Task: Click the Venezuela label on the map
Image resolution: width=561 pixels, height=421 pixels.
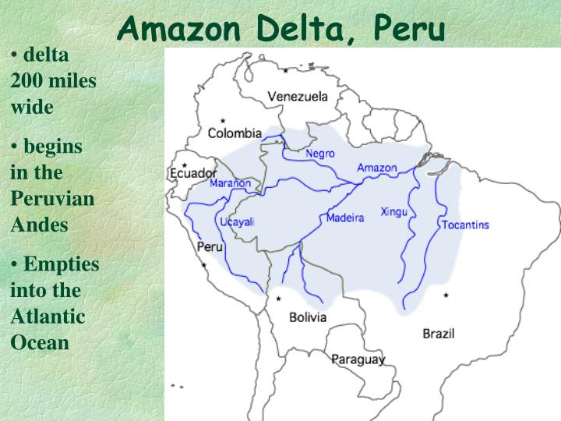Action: tap(298, 97)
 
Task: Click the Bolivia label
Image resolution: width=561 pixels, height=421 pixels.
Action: tap(308, 317)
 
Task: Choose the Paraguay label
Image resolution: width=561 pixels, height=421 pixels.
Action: tap(358, 359)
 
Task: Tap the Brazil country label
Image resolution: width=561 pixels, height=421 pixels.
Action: tap(439, 333)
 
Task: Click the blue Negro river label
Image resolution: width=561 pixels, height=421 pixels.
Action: tap(320, 154)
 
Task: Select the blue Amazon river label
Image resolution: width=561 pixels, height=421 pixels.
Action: tap(377, 168)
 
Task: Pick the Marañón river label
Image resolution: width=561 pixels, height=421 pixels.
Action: tap(231, 184)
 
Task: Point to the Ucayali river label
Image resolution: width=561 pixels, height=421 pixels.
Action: tap(238, 221)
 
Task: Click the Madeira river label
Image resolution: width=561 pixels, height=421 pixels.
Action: tap(344, 218)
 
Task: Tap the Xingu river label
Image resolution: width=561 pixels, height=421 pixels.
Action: tap(393, 211)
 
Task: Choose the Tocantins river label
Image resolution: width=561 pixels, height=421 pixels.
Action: tap(465, 225)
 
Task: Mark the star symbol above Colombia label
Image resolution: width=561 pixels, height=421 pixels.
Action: tap(222, 121)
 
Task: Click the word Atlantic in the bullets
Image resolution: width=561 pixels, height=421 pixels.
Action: tap(48, 317)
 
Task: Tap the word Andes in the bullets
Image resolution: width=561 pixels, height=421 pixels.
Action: tap(40, 225)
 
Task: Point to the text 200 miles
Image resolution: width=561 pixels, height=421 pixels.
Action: tap(54, 81)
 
